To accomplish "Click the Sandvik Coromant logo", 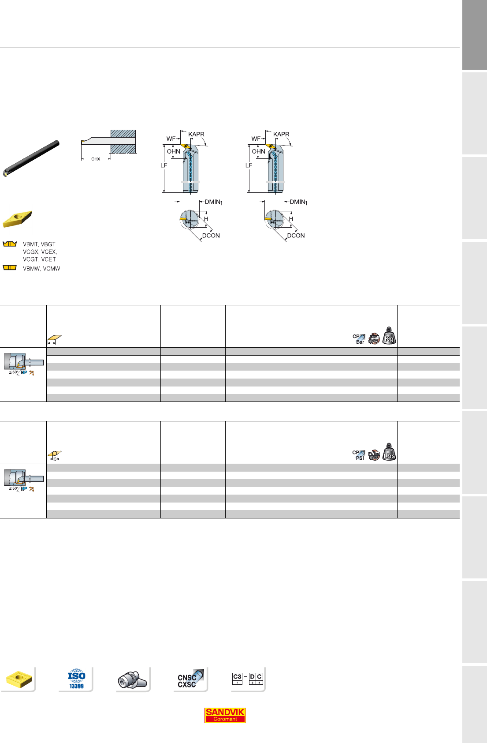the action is [x=225, y=715].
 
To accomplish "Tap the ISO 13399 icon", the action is [x=77, y=679].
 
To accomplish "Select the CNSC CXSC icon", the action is [x=190, y=679].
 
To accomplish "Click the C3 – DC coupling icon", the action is [x=248, y=678].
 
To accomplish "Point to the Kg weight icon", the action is [x=389, y=336].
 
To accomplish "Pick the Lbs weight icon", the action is [x=389, y=452].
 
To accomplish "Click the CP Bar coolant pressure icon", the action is [x=359, y=339].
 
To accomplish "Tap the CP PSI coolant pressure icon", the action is [x=359, y=455].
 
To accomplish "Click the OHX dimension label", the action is [x=96, y=159].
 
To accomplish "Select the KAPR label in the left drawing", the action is [x=196, y=134].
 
